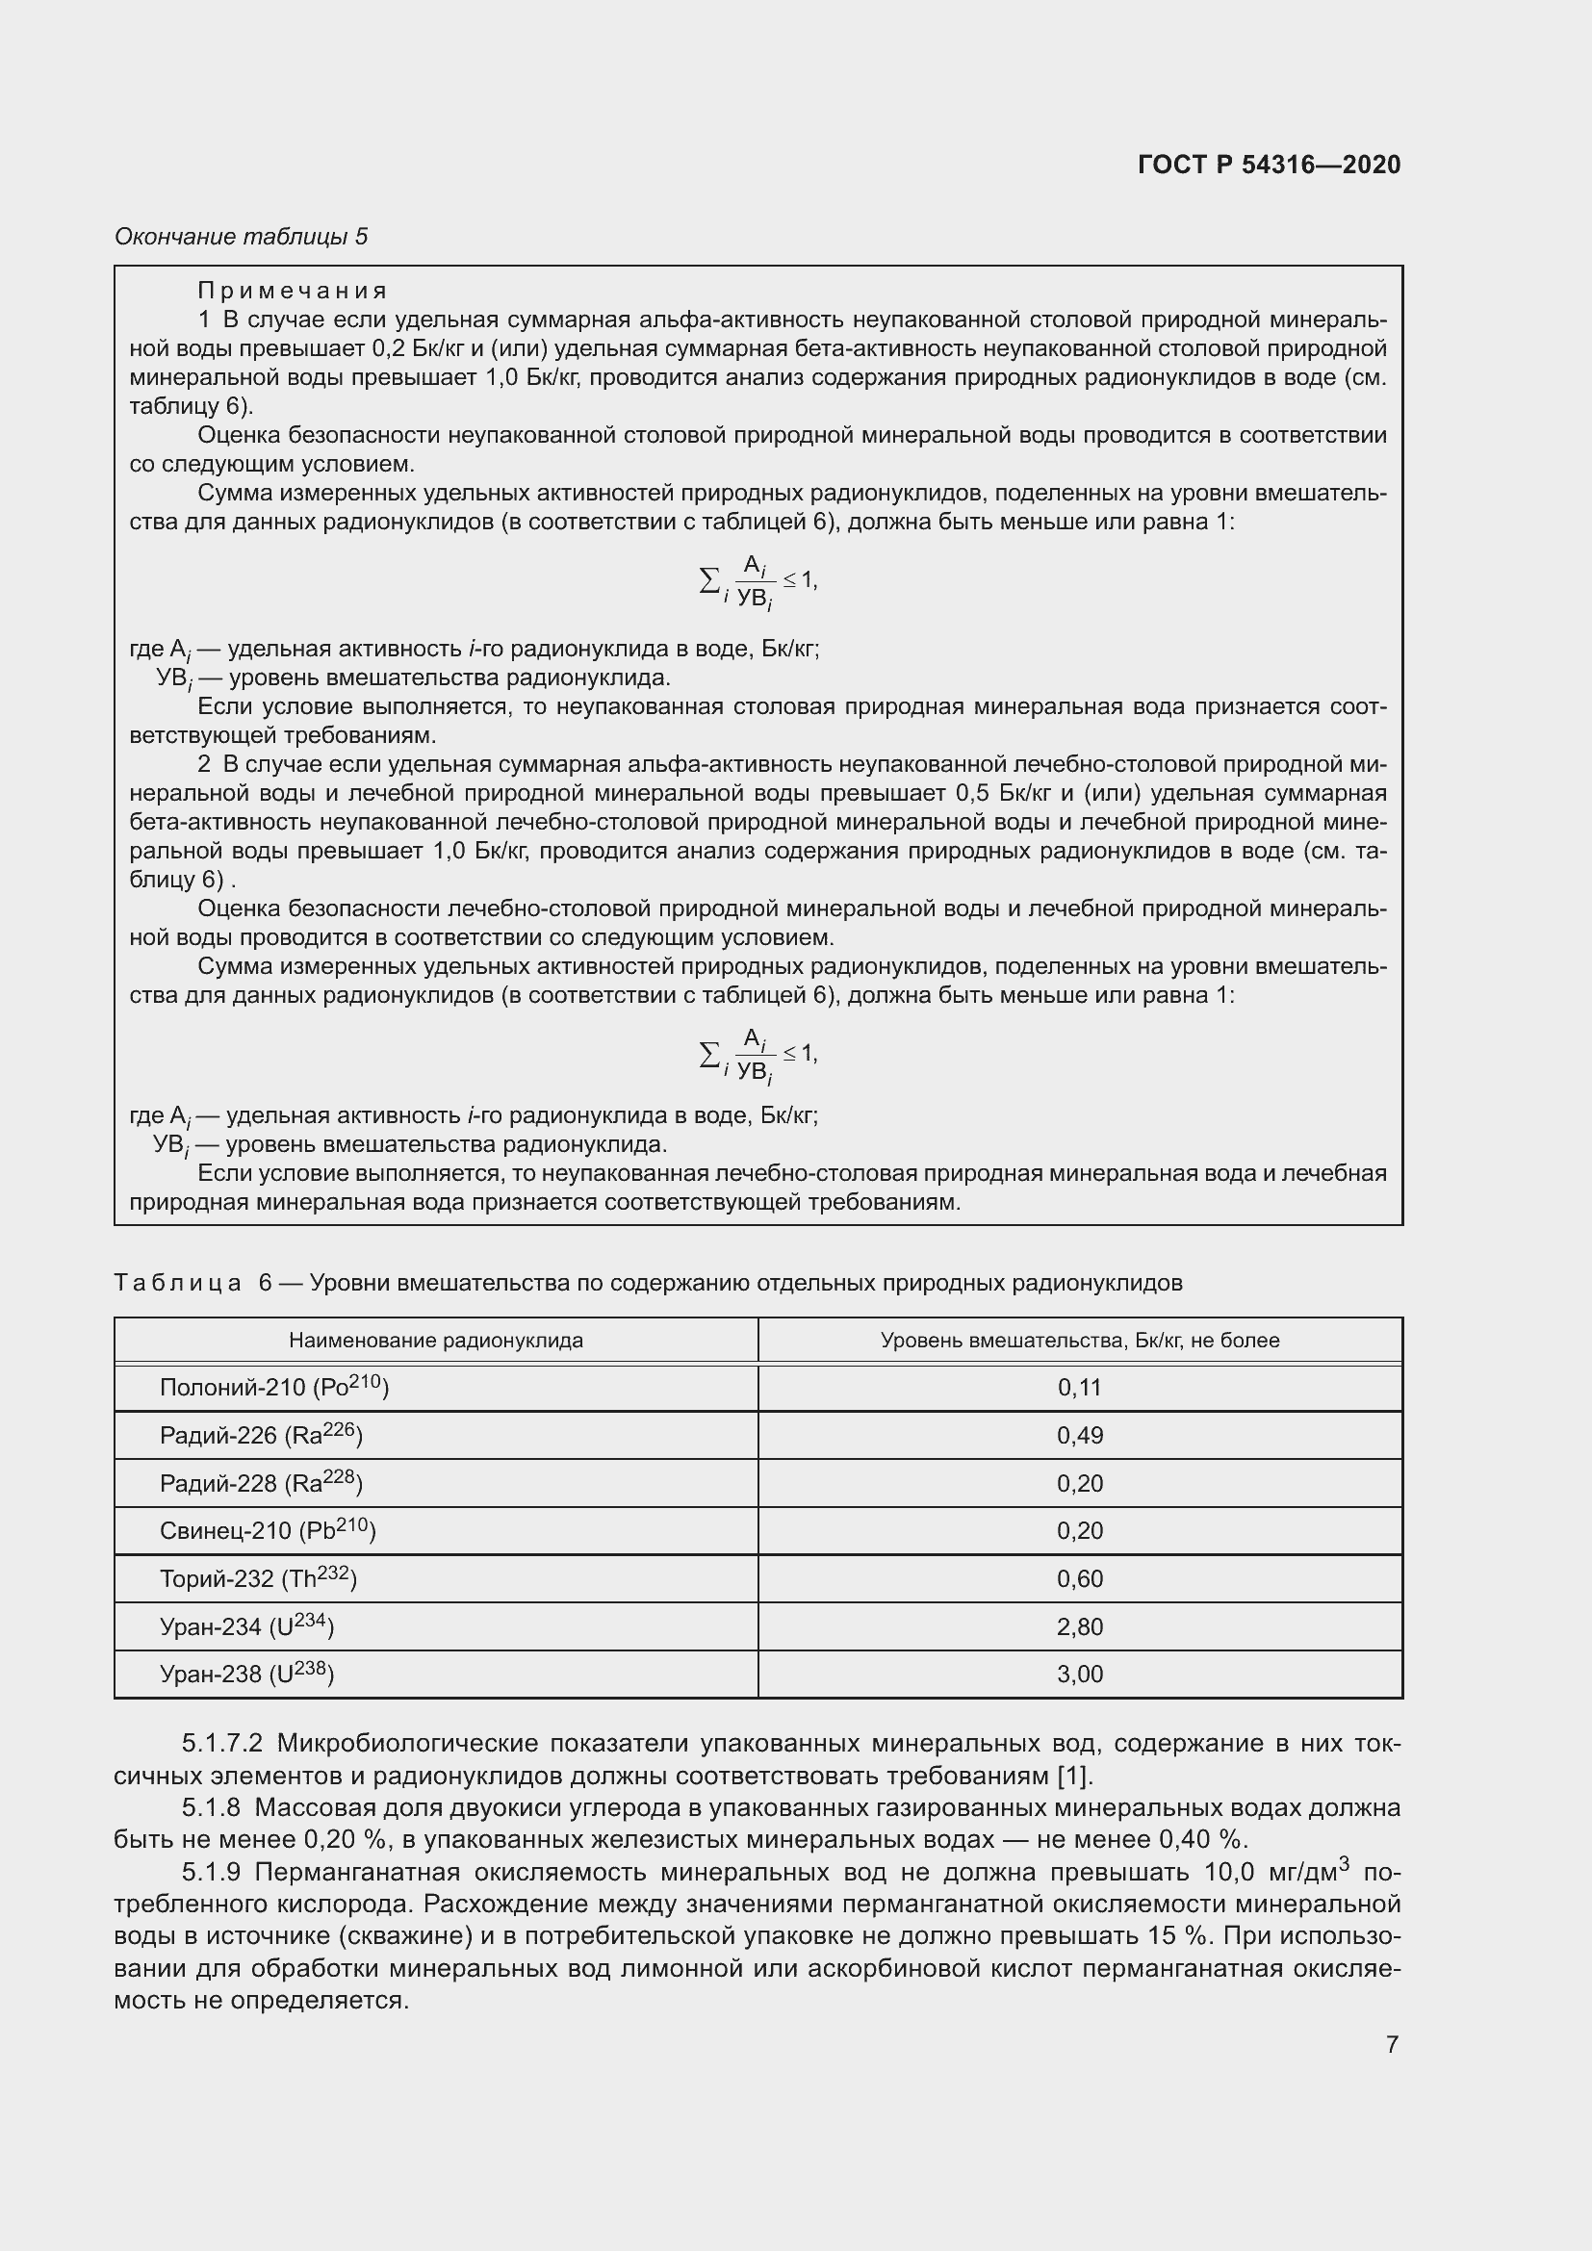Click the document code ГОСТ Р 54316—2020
(1269, 165)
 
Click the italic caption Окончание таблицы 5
(242, 237)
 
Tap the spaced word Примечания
(294, 291)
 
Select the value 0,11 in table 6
(1079, 1388)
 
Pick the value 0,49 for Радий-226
(1079, 1435)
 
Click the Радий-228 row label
(261, 1483)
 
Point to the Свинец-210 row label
(267, 1530)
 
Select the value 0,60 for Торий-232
(1079, 1578)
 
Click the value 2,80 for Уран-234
(1079, 1626)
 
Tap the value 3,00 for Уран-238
(1079, 1674)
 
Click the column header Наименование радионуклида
(435, 1341)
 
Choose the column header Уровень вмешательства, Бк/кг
(1079, 1341)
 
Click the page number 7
(1391, 2044)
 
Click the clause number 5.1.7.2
(222, 1743)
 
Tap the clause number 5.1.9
(211, 1873)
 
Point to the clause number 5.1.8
(211, 1807)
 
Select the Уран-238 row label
(246, 1674)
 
